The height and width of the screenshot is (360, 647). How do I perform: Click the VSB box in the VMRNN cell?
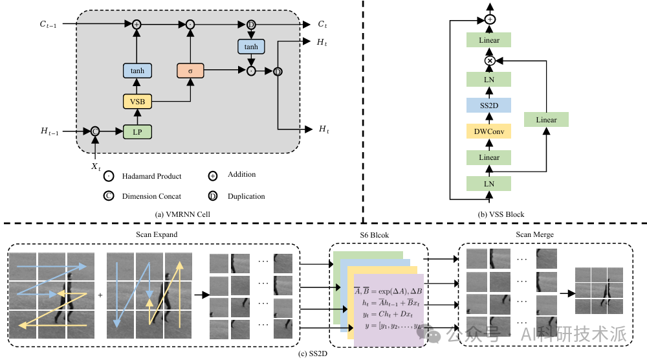137,101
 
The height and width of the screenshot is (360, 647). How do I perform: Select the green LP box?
137,131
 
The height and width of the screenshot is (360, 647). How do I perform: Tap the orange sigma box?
190,71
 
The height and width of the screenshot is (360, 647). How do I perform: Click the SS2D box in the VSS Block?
489,105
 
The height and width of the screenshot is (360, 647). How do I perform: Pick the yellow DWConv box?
489,131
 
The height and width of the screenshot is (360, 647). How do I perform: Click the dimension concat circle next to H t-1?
95,131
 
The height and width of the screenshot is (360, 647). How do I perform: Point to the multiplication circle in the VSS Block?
490,60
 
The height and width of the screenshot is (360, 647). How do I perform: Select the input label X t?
96,166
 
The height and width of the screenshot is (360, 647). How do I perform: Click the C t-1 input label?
50,24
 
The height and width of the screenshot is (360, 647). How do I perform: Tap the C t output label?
322,24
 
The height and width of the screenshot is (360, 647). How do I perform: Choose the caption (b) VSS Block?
500,214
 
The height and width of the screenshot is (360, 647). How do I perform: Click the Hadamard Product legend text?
151,176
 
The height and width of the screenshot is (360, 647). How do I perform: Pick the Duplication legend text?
246,196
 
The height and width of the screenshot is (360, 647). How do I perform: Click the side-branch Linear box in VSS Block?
546,120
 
